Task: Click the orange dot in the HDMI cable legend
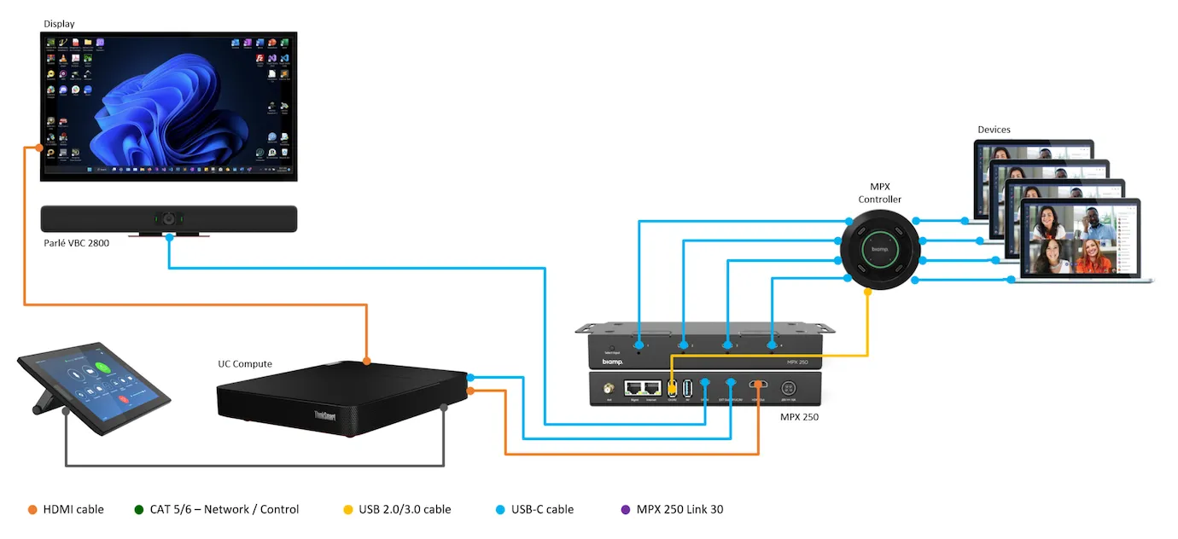coord(32,510)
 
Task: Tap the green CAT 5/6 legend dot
coord(139,510)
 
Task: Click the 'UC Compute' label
coord(245,364)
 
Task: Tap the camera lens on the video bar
coord(169,219)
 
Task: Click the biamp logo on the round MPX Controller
coord(879,249)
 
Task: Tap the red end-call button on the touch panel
coord(123,397)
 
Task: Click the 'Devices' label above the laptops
coord(994,130)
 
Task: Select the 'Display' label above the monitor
coord(60,24)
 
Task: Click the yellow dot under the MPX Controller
coord(868,292)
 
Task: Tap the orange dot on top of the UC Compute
coord(366,362)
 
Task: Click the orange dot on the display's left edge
coord(28,149)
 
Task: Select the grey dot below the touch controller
coord(67,411)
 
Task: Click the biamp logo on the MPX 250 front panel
coord(612,362)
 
